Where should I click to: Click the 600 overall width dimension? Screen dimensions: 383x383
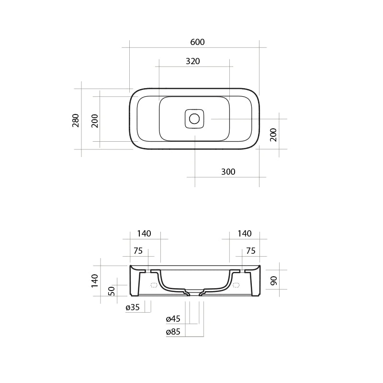click(197, 42)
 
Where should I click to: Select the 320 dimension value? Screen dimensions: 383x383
click(192, 61)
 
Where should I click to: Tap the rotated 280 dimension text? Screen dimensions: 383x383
click(76, 120)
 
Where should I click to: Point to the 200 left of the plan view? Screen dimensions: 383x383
click(95, 121)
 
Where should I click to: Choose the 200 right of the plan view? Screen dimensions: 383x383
click(273, 135)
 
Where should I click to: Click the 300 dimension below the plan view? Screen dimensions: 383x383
click(228, 172)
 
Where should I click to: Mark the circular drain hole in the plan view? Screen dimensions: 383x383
click(194, 118)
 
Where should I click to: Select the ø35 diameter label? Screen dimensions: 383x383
click(132, 307)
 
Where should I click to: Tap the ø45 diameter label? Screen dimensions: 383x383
click(173, 319)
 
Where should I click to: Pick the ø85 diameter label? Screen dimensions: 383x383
click(173, 332)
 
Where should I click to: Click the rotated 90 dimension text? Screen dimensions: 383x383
click(274, 281)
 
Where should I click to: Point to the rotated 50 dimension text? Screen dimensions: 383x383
click(112, 291)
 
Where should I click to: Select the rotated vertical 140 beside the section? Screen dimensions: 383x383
click(95, 281)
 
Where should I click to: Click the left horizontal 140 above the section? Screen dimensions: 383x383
click(144, 234)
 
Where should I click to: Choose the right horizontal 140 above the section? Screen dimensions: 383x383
click(244, 234)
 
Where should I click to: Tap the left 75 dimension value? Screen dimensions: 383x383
click(138, 251)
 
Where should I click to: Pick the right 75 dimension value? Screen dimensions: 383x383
click(250, 251)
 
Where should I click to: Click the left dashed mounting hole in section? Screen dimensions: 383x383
click(154, 285)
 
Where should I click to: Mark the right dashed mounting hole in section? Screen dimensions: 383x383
click(236, 285)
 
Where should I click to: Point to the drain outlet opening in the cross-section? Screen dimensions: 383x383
click(194, 293)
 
